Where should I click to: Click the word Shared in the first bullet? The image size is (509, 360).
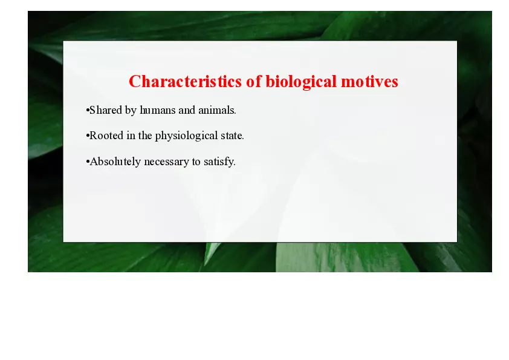tap(105, 111)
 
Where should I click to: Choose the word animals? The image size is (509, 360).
tap(217, 111)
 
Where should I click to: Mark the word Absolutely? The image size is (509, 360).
tap(115, 162)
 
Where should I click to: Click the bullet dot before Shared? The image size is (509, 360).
tap(88, 111)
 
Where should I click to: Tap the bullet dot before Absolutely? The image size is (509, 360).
tap(88, 162)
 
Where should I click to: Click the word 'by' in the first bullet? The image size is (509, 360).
tap(131, 111)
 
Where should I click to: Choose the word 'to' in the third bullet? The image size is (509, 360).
tap(197, 162)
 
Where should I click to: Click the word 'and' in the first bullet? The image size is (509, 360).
tap(188, 111)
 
